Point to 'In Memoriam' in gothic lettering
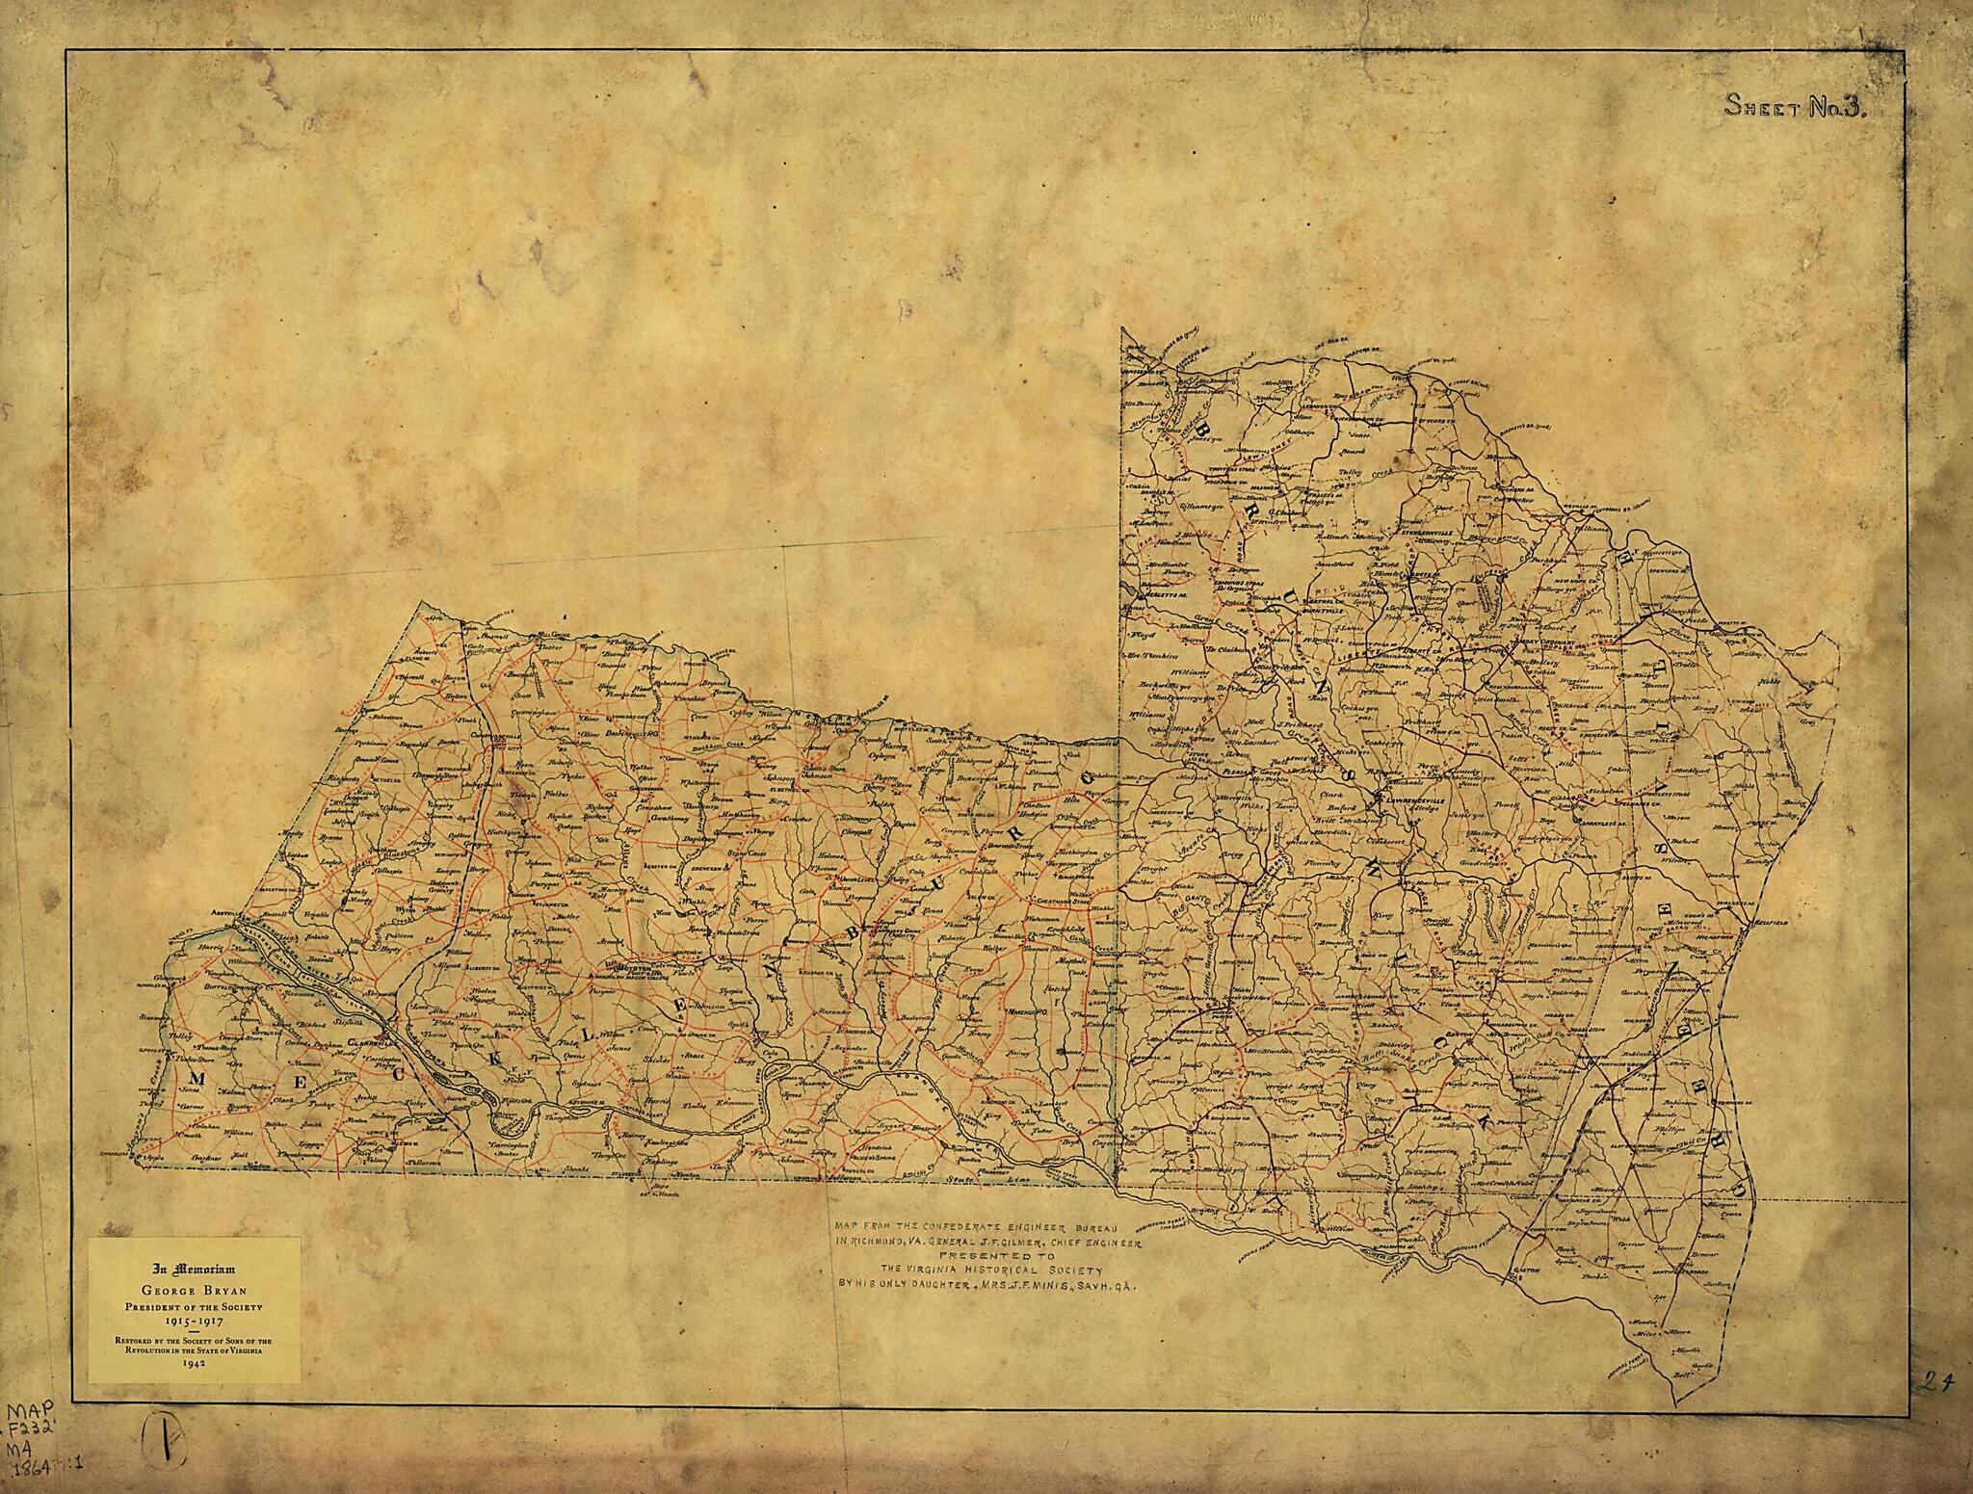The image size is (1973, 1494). point(194,1271)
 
